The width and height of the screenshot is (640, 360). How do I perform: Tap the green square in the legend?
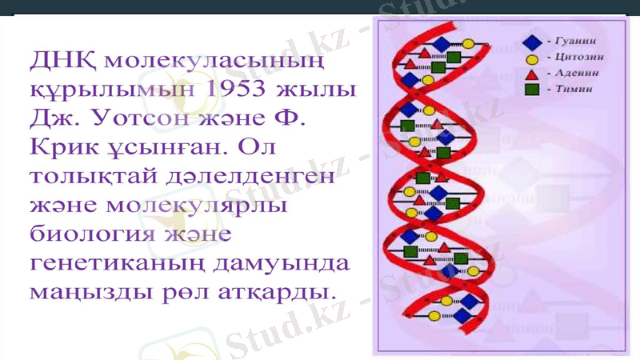click(x=530, y=89)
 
